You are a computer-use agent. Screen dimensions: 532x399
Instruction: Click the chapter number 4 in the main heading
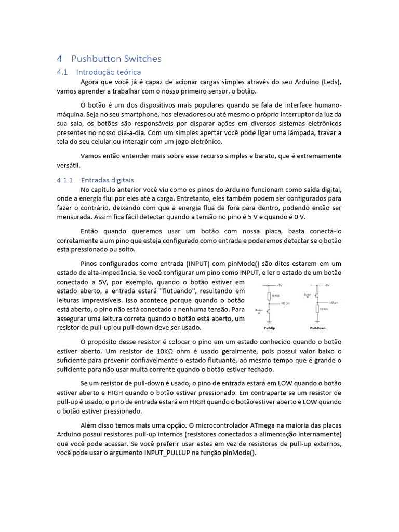pos(60,59)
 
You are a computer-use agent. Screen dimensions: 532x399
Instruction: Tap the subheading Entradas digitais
pos(108,180)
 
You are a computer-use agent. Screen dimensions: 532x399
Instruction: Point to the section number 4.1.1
pos(65,180)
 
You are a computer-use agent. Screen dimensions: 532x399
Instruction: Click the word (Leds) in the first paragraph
pos(331,82)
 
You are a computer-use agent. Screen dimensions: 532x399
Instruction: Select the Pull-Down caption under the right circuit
pos(320,328)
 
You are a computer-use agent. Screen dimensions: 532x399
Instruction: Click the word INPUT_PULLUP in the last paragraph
pos(169,453)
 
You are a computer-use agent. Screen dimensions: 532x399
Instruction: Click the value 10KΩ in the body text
pos(168,351)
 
